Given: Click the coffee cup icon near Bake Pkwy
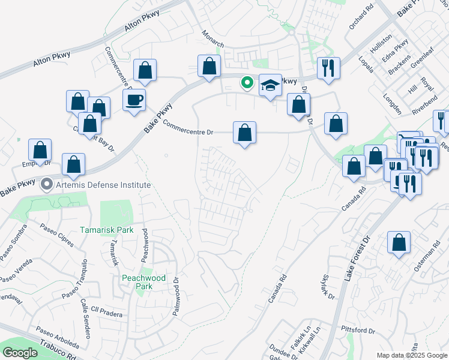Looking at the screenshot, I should point(134,100).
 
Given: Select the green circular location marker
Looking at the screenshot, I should point(246,83).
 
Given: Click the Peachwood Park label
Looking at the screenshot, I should point(137,282).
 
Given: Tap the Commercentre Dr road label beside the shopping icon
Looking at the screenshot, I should point(188,128).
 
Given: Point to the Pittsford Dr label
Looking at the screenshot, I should point(357,331).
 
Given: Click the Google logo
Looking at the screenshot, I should point(20,353).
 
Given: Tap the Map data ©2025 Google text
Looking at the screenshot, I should point(412,355).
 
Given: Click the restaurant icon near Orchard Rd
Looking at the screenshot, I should point(328,67).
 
